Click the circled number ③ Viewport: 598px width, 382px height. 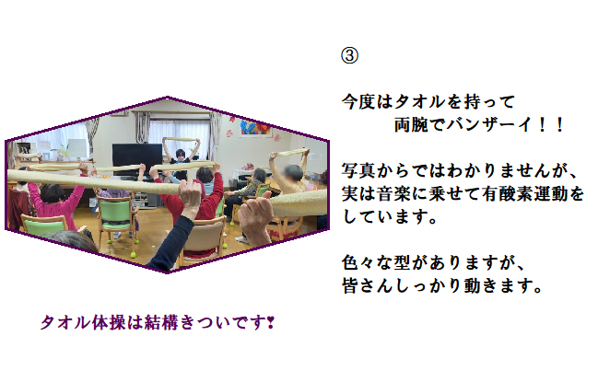click(x=349, y=55)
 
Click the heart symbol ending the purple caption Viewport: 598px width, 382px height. click(x=270, y=323)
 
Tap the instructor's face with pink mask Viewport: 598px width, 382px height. click(x=180, y=155)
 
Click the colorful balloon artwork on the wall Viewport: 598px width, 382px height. click(x=255, y=127)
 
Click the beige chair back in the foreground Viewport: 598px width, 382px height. click(x=203, y=238)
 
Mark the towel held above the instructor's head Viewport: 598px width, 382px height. click(x=182, y=139)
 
